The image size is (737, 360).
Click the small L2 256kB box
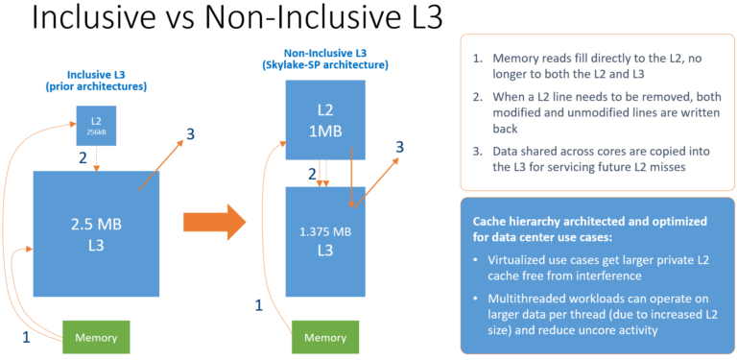[96, 126]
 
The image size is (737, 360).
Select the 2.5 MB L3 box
[95, 230]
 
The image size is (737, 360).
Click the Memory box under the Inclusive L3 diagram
[95, 337]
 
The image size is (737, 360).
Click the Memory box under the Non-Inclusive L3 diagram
[325, 337]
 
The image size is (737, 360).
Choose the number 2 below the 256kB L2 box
[83, 157]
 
